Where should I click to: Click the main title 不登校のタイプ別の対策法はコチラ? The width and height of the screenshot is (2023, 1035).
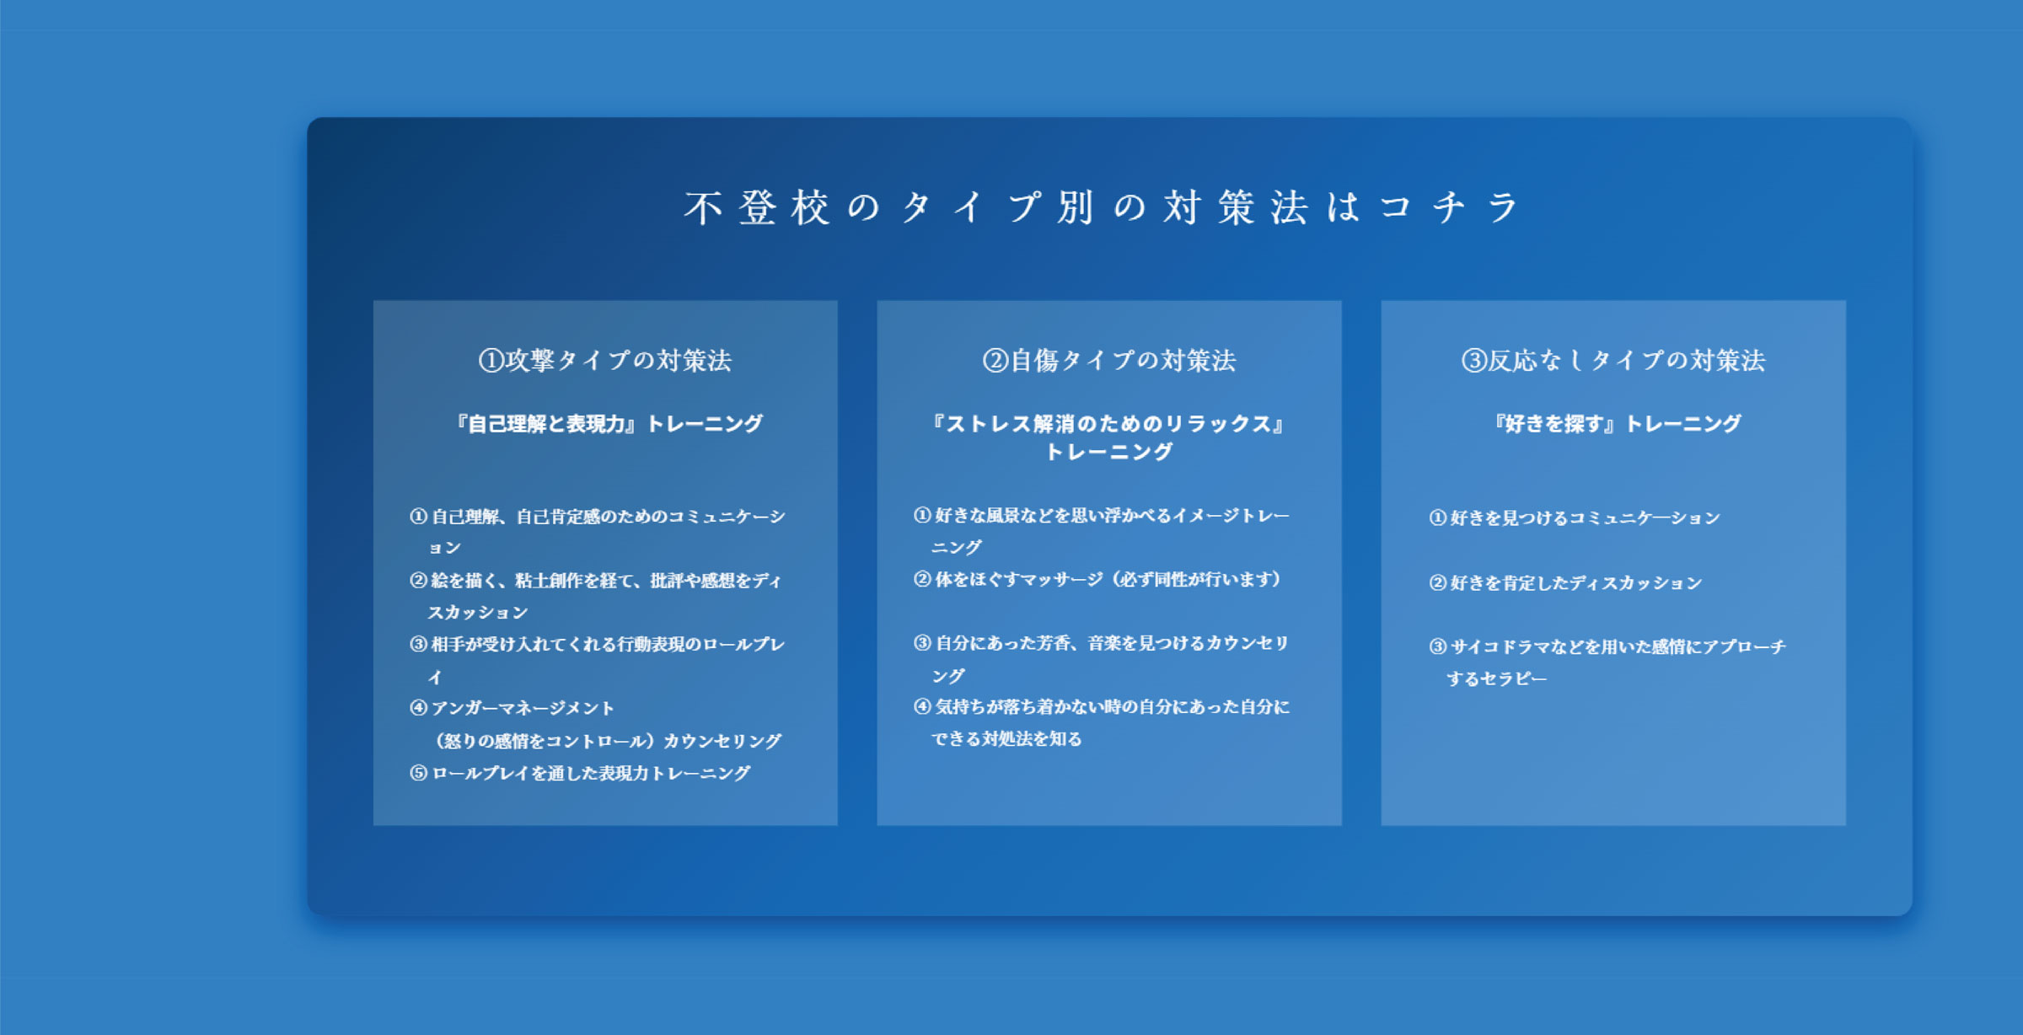click(x=1103, y=207)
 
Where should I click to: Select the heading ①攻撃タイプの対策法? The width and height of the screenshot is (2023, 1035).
click(x=605, y=361)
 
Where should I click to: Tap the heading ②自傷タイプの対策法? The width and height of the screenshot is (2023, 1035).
click(x=1109, y=361)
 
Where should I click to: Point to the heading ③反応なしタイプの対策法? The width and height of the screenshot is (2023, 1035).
click(x=1612, y=361)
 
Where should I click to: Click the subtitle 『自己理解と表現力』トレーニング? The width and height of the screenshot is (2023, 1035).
click(x=609, y=423)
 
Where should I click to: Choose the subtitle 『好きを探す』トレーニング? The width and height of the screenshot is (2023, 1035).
click(x=1617, y=423)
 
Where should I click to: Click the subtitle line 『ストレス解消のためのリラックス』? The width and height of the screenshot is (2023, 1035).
click(x=1109, y=423)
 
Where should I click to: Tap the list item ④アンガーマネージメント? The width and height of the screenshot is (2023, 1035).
click(x=512, y=708)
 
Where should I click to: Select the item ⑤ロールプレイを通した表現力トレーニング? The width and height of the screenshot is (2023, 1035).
click(x=580, y=773)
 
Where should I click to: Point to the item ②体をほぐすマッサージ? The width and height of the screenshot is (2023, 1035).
click(x=1097, y=579)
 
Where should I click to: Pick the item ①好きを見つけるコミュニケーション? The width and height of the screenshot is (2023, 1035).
click(x=1575, y=517)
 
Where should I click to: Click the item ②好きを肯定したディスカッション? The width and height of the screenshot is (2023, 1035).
click(x=1565, y=582)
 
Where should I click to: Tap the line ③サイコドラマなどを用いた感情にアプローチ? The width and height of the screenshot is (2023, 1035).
click(x=1607, y=646)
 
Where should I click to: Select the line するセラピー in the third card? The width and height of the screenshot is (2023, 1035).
click(x=1496, y=678)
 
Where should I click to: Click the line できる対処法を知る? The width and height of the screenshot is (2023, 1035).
click(x=1006, y=739)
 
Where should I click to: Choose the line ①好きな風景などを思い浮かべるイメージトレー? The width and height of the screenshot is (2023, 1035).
click(x=1102, y=515)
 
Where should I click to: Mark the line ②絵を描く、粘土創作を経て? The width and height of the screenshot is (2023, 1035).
click(x=596, y=580)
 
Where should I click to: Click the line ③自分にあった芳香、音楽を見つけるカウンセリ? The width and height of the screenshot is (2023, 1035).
click(x=1102, y=643)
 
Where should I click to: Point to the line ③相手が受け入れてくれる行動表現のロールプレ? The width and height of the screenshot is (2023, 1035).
click(x=598, y=644)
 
